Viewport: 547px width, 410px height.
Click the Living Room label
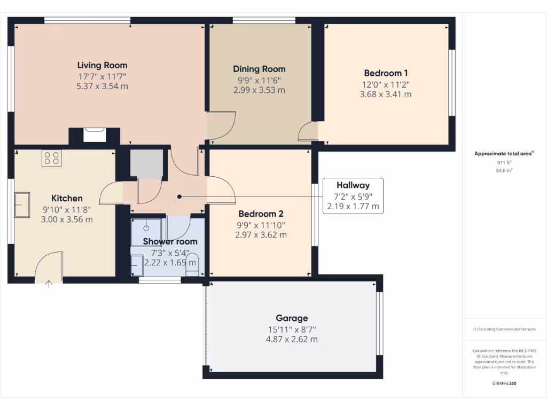(102, 65)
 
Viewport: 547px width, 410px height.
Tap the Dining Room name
(259, 69)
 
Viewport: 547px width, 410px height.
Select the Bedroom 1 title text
(386, 73)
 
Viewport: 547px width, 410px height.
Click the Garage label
(292, 318)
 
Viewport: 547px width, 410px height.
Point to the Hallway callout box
(353, 195)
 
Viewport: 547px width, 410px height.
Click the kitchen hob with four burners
(52, 157)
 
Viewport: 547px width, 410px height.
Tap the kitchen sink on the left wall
(22, 205)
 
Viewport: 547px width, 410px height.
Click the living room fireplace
(95, 134)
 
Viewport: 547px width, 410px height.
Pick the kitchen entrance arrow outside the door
(49, 285)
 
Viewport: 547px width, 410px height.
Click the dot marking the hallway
(179, 196)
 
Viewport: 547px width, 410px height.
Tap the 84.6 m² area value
(504, 171)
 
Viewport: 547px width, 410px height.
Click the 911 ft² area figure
(504, 162)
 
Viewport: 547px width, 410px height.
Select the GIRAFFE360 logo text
(504, 383)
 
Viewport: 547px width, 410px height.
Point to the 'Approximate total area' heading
(504, 154)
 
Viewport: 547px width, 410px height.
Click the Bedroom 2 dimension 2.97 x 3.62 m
(262, 235)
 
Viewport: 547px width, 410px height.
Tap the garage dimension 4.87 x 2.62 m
(292, 339)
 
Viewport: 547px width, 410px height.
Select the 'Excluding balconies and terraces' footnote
(504, 329)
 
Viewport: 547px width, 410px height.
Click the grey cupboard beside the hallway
(146, 164)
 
